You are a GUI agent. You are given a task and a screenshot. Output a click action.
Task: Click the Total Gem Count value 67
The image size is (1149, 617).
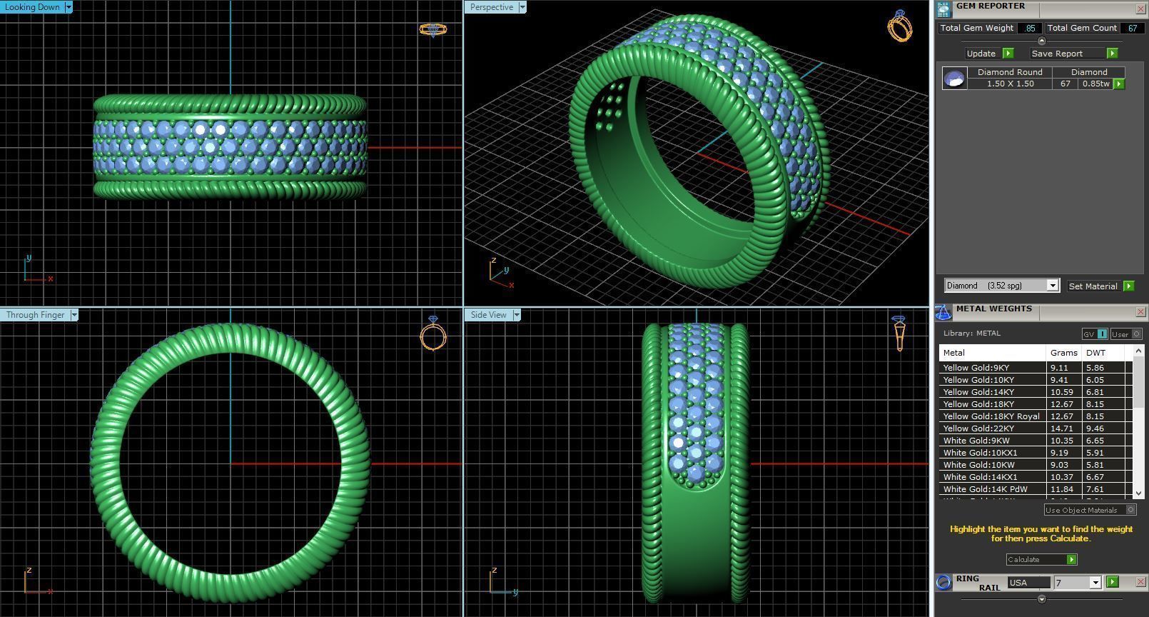pos(1132,28)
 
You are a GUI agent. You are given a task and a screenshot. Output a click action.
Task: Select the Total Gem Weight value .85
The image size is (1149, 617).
pos(1029,28)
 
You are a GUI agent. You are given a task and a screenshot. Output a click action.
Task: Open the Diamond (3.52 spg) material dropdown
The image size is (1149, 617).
pos(1052,286)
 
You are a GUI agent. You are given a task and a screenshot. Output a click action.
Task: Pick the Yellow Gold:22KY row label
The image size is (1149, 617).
pos(978,428)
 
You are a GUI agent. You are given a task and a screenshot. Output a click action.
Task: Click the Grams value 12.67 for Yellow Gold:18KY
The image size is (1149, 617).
pos(1062,404)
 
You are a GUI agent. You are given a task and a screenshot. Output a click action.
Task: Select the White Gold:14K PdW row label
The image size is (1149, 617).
pos(985,489)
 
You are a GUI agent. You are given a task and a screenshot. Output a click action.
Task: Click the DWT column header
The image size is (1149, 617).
pos(1095,353)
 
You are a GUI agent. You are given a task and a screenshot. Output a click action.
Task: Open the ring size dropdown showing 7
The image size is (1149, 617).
pos(1095,583)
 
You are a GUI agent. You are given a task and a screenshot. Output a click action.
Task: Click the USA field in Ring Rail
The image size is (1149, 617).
pos(1028,583)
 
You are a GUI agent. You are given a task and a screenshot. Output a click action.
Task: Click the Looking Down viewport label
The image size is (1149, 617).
pos(33,7)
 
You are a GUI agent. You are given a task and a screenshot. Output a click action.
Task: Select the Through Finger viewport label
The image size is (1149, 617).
pos(35,315)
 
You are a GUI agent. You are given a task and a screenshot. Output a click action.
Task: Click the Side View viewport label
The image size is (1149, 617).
pos(489,315)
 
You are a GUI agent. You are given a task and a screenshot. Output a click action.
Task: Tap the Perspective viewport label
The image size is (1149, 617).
pos(492,7)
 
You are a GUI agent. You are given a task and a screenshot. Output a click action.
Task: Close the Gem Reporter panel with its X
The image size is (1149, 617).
pos(1140,9)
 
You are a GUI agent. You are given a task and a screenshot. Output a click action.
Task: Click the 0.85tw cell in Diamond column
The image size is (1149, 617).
pos(1095,84)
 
